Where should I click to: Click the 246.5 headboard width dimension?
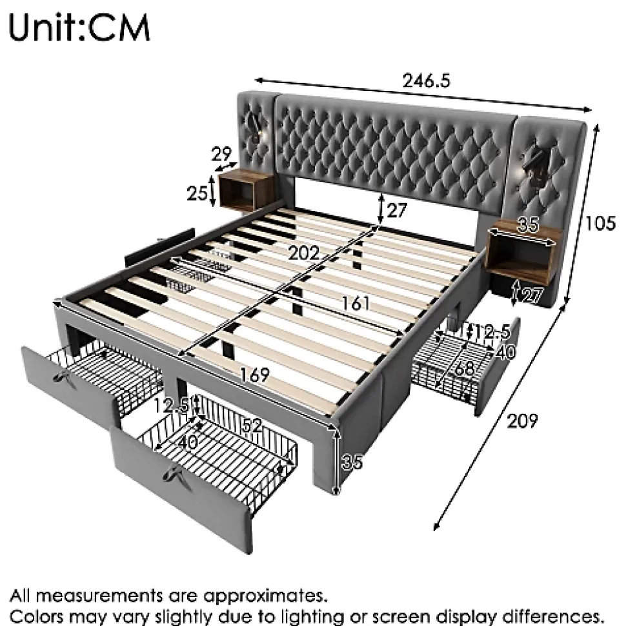coord(425,81)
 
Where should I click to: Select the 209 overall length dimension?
coord(522,420)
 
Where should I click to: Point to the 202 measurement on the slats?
coord(304,253)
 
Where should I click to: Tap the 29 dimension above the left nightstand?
coord(222,154)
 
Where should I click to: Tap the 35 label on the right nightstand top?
coord(528,224)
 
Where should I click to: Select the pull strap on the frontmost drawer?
coord(173,474)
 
